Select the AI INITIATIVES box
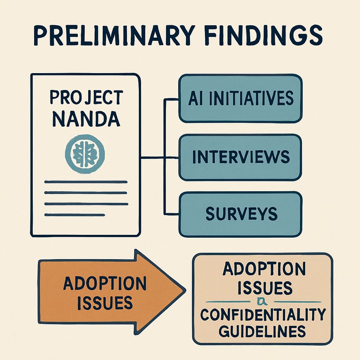pos(240,98)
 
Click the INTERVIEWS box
pos(240,157)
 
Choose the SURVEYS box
pos(240,214)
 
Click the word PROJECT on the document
pos(85,98)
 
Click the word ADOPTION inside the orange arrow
pos(104,283)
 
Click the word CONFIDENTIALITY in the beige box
pos(262,315)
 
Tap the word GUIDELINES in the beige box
pos(262,331)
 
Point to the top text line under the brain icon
pos(85,181)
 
